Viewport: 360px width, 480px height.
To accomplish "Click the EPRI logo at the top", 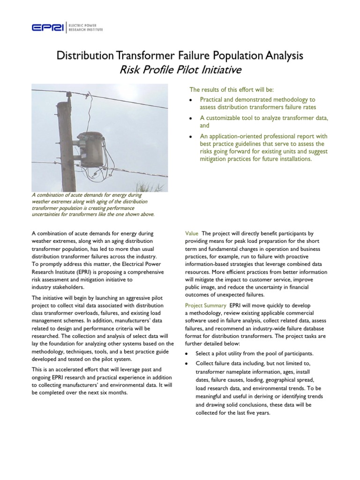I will coord(49,28).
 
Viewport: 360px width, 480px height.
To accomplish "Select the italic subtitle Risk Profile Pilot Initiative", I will coord(180,70).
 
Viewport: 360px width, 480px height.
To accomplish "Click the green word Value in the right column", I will coord(192,233).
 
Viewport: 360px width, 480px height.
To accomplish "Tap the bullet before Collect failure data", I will coord(188,364).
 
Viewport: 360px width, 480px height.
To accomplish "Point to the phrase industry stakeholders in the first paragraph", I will coord(58,287).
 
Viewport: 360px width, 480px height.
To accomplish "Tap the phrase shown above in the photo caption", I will coord(137,215).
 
